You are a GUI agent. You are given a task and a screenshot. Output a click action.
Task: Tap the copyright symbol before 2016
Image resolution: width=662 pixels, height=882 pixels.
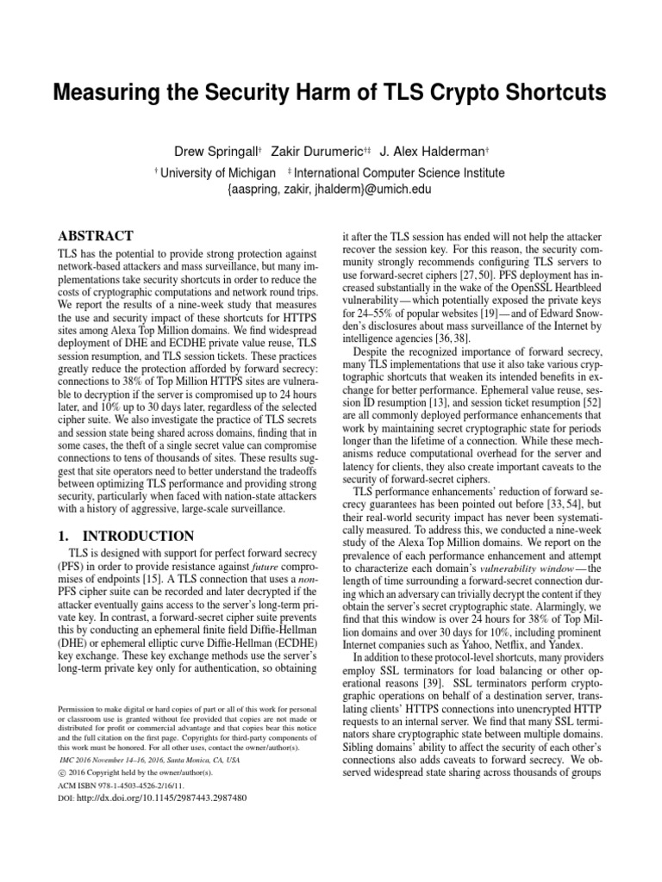tap(61, 772)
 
